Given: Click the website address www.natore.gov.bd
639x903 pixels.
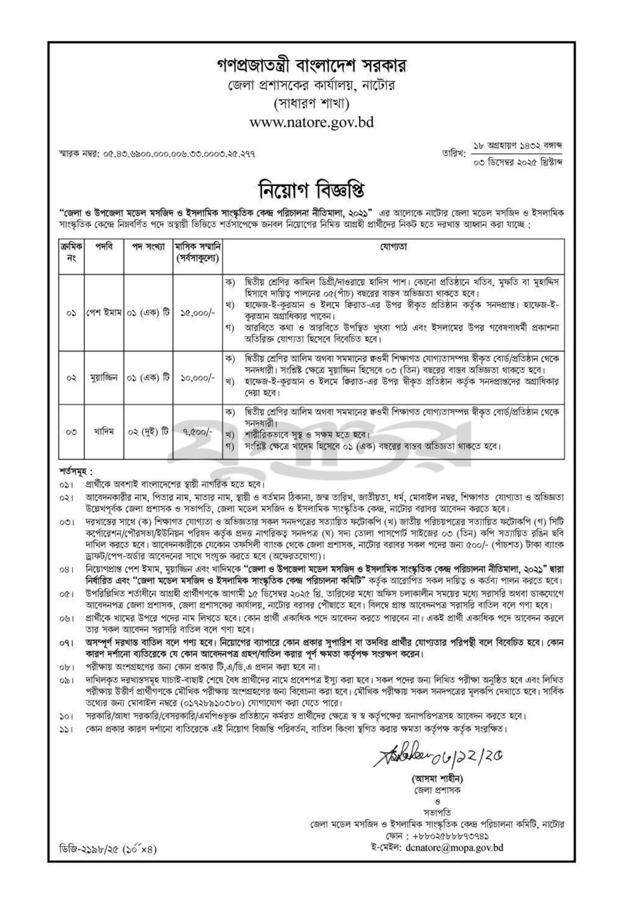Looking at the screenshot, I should [x=312, y=122].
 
